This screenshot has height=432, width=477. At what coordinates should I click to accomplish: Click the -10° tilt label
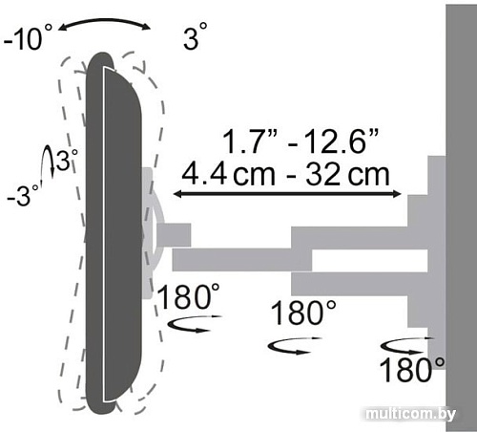click(28, 37)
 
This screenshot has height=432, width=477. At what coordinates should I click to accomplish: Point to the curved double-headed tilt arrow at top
click(104, 23)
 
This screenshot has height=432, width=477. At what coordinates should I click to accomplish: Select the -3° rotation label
click(23, 195)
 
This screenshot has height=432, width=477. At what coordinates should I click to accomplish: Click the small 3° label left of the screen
click(66, 160)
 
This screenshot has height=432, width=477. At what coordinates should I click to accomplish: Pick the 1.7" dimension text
click(250, 140)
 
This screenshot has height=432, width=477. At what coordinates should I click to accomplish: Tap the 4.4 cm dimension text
click(228, 174)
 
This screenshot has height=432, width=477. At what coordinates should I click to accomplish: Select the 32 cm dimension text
click(347, 174)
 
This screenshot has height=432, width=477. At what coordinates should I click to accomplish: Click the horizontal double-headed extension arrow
click(287, 193)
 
